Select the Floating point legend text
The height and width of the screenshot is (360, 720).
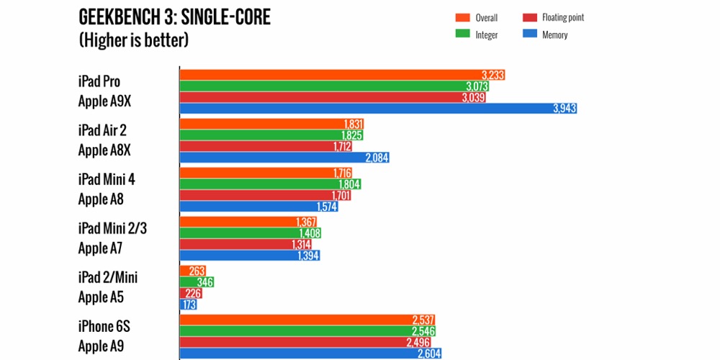(562, 17)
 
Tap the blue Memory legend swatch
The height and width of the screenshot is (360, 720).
(534, 35)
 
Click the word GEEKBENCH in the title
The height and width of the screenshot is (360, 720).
(118, 17)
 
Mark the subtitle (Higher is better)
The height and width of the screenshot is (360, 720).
(133, 40)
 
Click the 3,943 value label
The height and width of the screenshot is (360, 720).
(564, 109)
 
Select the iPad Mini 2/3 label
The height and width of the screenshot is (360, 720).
(117, 228)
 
